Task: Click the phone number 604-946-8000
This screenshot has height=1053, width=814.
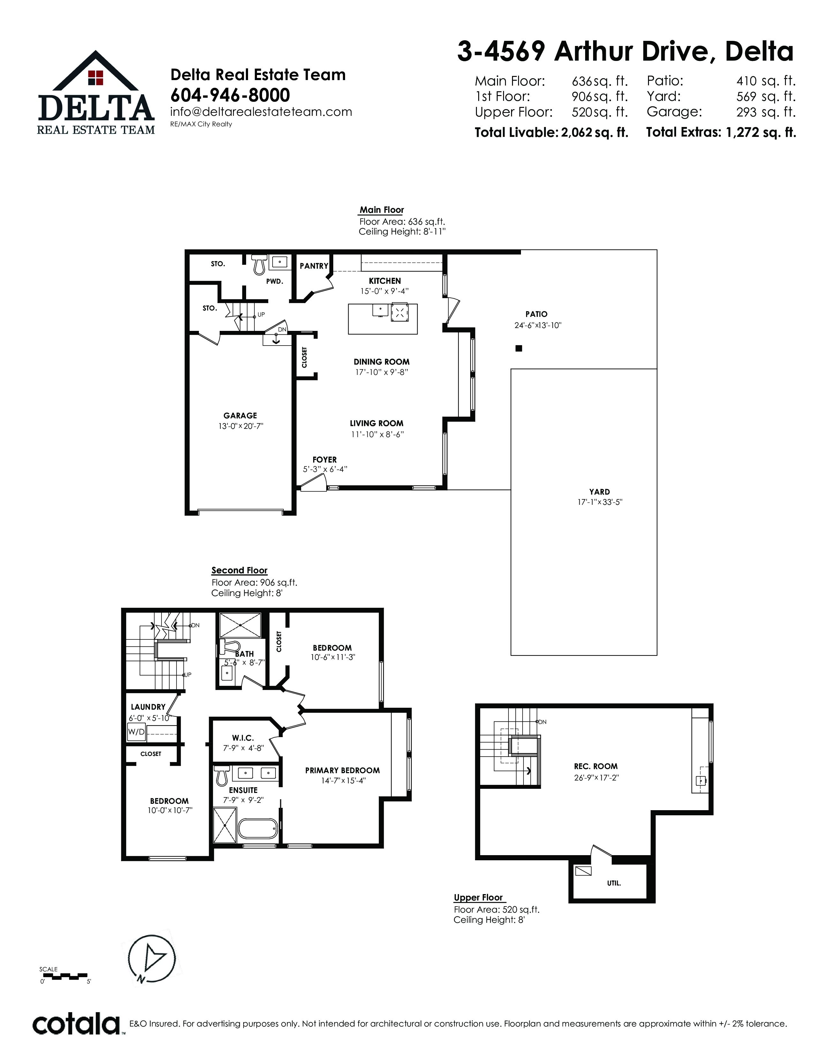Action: click(230, 95)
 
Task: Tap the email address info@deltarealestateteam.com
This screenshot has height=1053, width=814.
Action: click(261, 112)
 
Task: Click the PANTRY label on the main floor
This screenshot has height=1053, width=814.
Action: click(314, 266)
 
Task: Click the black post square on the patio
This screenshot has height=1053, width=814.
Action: click(519, 348)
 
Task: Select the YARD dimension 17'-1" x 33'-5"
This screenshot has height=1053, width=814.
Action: click(599, 502)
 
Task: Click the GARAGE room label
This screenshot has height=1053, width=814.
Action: click(240, 415)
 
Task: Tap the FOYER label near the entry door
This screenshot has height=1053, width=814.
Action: click(325, 459)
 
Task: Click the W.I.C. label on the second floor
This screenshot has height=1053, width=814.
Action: click(243, 738)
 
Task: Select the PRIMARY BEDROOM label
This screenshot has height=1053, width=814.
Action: click(343, 771)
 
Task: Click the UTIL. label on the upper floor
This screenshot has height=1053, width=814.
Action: click(614, 884)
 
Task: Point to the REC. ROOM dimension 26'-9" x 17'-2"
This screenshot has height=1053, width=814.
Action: click(596, 778)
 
